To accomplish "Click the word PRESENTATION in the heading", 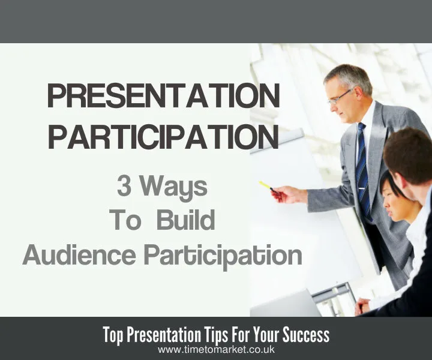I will click(163, 97).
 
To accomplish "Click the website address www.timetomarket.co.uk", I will click(217, 349).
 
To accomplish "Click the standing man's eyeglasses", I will click(340, 96).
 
